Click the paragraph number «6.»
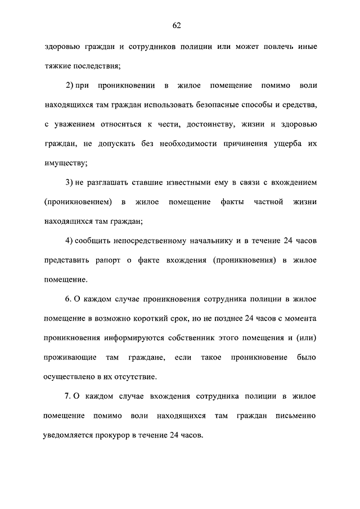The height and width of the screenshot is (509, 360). pos(69,299)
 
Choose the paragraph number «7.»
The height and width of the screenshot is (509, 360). pos(69,397)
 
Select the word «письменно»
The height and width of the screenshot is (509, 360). pos(296,416)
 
